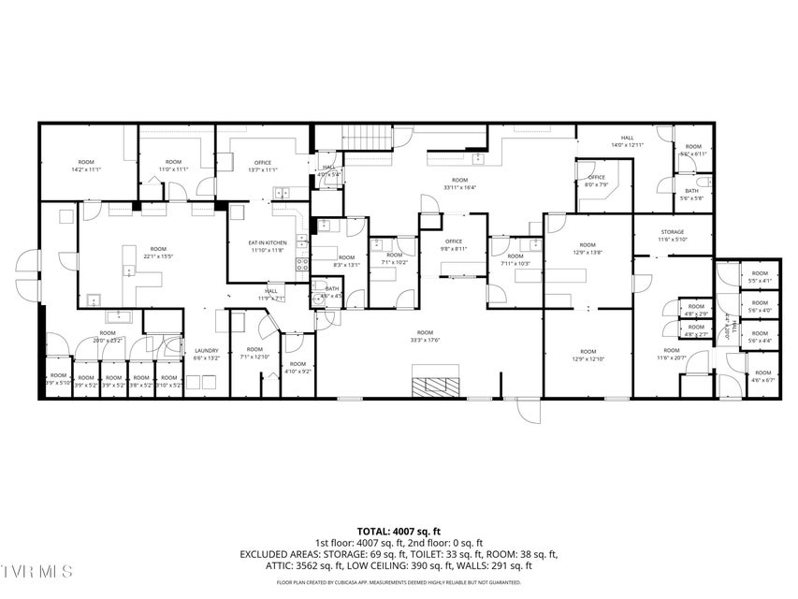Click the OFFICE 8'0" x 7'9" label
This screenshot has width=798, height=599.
click(x=597, y=181)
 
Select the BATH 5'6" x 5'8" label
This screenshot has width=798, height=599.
click(x=692, y=194)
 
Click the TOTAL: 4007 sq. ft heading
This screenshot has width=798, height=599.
click(x=399, y=531)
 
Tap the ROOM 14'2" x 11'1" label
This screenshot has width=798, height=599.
click(x=85, y=165)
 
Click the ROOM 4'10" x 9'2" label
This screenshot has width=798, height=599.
click(x=297, y=367)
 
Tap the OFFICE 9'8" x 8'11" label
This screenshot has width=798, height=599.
click(x=453, y=245)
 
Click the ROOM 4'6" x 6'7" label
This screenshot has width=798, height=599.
click(x=762, y=376)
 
